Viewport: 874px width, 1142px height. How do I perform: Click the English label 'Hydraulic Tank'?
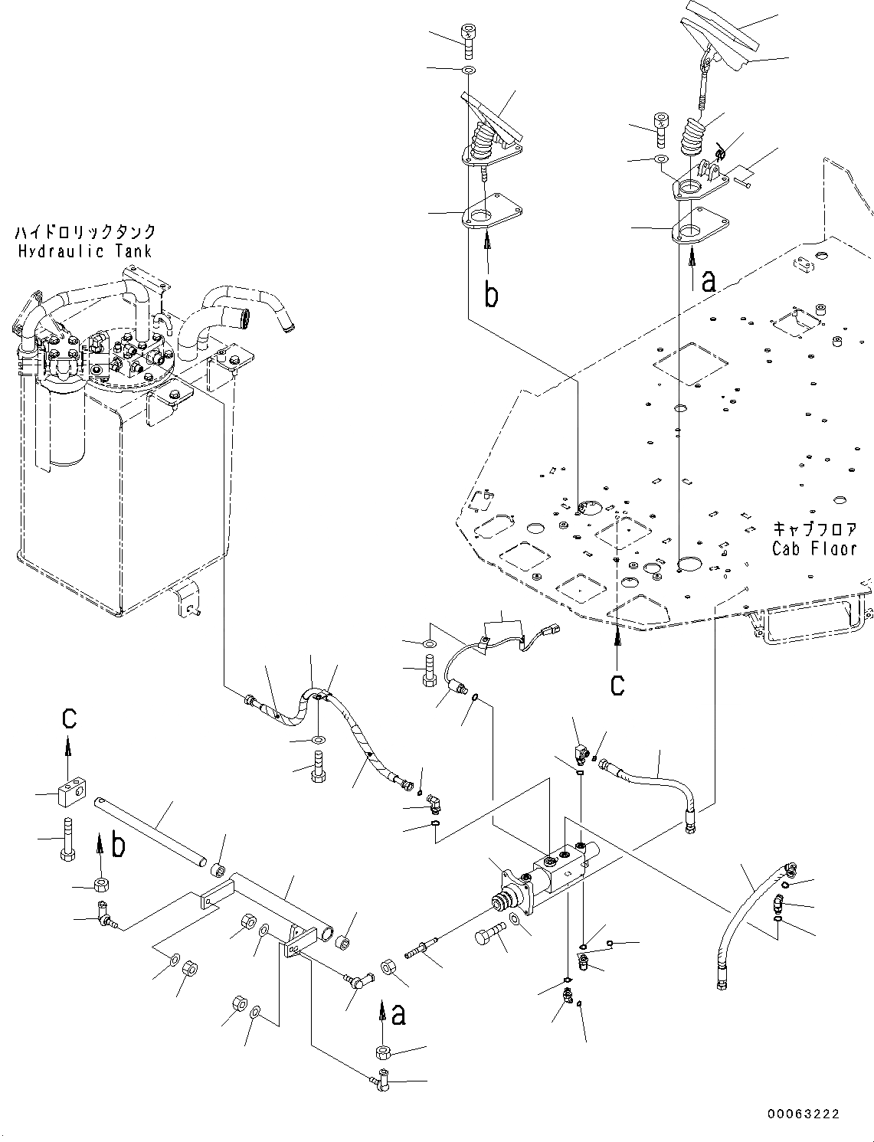tap(85, 251)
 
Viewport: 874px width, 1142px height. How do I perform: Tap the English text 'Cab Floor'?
tap(814, 548)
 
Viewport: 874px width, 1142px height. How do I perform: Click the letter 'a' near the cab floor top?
tap(709, 283)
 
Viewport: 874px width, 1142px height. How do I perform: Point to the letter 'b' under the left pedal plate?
tap(491, 295)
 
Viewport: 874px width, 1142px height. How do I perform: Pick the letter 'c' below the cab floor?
tap(617, 686)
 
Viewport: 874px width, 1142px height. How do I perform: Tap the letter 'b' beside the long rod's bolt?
tap(118, 846)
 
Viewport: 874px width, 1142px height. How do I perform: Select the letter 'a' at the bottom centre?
tap(398, 1015)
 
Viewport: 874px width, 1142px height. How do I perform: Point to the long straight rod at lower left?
tap(150, 831)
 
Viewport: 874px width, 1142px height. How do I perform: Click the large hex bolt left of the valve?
tap(490, 934)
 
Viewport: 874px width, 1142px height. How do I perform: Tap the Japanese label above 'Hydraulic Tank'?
tap(85, 231)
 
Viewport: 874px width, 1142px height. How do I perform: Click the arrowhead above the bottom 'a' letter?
tap(384, 1007)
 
